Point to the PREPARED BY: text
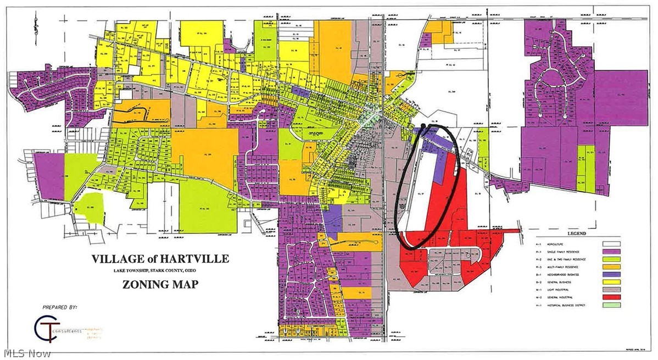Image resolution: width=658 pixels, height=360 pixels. click(60, 307)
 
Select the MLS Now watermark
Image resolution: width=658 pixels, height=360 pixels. click(26, 352)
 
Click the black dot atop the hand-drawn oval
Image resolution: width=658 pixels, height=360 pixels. click(423, 127)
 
